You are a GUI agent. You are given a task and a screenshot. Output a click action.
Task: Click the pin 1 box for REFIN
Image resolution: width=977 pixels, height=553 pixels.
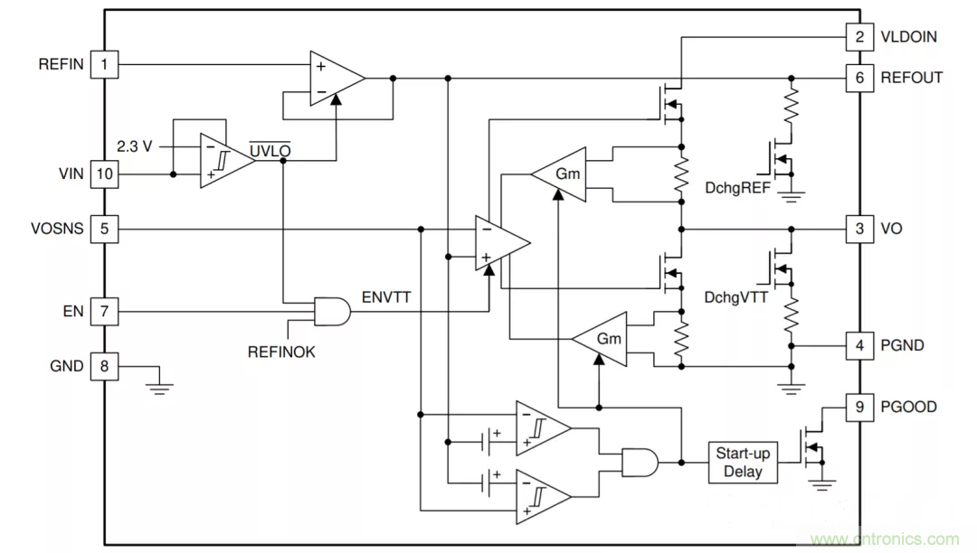pyautogui.click(x=105, y=64)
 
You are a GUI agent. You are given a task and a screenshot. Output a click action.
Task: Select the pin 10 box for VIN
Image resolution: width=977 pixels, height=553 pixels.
pyautogui.click(x=105, y=173)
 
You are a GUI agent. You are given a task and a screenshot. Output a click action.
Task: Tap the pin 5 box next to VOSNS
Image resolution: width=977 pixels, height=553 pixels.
pyautogui.click(x=105, y=229)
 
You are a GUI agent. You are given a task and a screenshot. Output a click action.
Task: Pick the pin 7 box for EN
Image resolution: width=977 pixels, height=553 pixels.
pyautogui.click(x=105, y=312)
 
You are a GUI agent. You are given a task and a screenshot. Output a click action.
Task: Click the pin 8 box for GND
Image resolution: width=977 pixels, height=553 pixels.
pyautogui.click(x=105, y=366)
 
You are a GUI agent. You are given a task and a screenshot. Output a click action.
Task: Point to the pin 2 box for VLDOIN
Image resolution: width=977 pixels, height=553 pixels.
pyautogui.click(x=859, y=37)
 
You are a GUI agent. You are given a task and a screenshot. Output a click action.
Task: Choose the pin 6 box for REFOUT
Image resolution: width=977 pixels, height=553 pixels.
pyautogui.click(x=859, y=78)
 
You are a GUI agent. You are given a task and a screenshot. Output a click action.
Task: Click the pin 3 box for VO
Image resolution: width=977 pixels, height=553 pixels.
pyautogui.click(x=859, y=229)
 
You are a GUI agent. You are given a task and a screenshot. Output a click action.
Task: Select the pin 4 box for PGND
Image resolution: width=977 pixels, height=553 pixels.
pyautogui.click(x=859, y=345)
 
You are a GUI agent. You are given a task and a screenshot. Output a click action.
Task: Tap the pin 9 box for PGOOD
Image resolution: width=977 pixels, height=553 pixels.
pyautogui.click(x=859, y=407)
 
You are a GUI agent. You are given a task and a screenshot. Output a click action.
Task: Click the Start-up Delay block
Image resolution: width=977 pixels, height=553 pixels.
pyautogui.click(x=743, y=463)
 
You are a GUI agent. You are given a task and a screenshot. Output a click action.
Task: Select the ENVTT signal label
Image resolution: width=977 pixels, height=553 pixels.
pyautogui.click(x=386, y=295)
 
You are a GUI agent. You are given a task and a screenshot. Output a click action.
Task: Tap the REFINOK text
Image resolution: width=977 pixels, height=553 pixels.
pyautogui.click(x=281, y=352)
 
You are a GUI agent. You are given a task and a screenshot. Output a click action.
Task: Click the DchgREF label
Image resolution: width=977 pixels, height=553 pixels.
pyautogui.click(x=736, y=188)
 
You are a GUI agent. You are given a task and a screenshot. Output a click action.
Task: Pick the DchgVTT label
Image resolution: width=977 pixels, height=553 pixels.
pyautogui.click(x=736, y=297)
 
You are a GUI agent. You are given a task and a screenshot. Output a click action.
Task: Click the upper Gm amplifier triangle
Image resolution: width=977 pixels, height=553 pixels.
pyautogui.click(x=561, y=173)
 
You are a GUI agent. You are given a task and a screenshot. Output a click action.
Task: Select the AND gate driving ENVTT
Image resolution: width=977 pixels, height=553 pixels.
pyautogui.click(x=330, y=312)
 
